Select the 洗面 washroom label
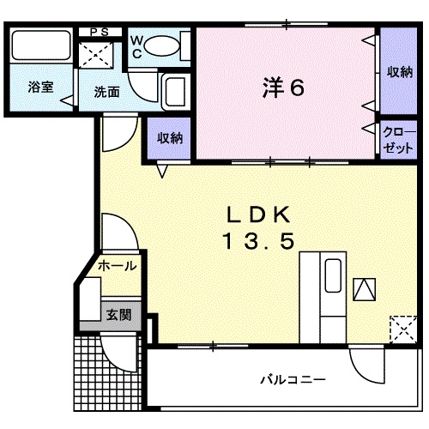106,92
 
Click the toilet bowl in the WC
159,47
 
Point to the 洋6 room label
282,88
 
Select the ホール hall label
117,266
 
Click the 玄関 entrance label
118,315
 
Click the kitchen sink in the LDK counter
331,279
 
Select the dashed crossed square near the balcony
400,329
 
